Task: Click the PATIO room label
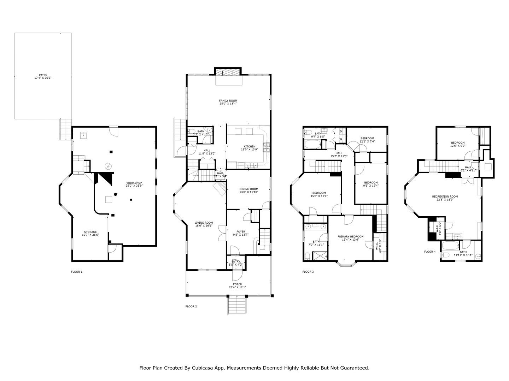click(x=43, y=75)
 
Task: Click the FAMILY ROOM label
click(x=228, y=101)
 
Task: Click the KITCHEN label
click(x=249, y=146)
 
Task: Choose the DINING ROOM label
click(x=249, y=189)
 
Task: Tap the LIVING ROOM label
click(x=204, y=223)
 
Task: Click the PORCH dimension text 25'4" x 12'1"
click(x=238, y=287)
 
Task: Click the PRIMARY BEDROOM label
click(x=350, y=236)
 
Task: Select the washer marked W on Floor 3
click(x=341, y=139)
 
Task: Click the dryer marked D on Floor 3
click(x=341, y=131)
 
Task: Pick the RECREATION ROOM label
click(x=445, y=196)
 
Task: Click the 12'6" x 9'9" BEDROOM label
click(x=457, y=143)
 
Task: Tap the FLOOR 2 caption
click(x=191, y=306)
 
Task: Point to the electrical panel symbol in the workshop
click(x=108, y=166)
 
